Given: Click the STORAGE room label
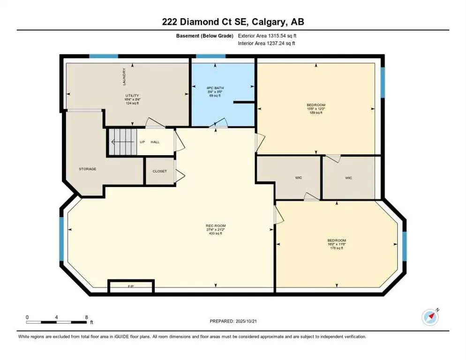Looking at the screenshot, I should coord(87,169).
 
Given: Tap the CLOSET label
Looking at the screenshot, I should coord(159,171).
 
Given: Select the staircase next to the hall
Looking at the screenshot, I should coord(123,142).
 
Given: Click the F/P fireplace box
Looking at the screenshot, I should coord(131,286).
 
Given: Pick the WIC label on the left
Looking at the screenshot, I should coord(298,178).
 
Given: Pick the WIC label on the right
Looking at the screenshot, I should coord(348,178).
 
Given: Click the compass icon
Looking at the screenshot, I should coord(430,317).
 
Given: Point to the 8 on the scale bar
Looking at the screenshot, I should coord(86,317).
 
